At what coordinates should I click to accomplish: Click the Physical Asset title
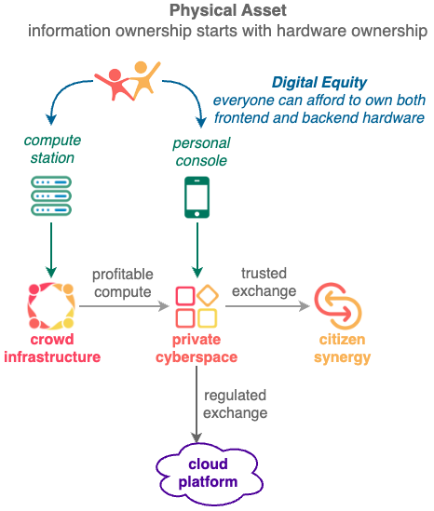pos(228,10)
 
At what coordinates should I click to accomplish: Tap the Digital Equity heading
pos(319,83)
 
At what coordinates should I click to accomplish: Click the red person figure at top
pos(115,85)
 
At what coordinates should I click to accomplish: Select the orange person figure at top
pos(143,78)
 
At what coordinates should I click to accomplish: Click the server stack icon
pos(51,195)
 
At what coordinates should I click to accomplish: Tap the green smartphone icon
pos(197,197)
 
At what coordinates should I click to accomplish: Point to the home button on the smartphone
pos(197,214)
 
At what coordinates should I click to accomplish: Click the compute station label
pos(52,149)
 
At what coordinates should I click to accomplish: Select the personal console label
pos(201,152)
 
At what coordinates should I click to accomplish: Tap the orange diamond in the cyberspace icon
pos(208,295)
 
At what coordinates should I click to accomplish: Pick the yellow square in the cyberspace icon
pos(208,318)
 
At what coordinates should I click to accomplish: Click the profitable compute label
pos(123,283)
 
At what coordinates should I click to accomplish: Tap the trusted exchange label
pos(264,282)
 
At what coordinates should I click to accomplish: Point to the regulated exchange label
pos(235,404)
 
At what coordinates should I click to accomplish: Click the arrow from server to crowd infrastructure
pos(51,250)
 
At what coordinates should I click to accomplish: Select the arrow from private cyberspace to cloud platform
pos(197,405)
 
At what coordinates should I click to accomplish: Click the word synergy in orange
pos(343,357)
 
